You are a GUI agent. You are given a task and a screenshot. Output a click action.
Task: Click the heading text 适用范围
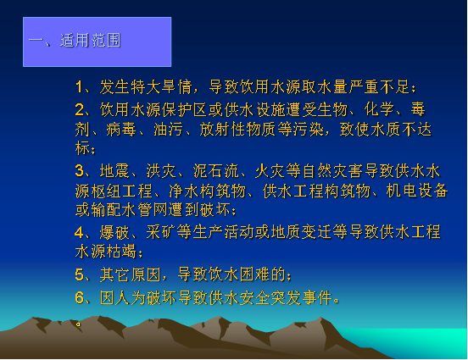point(91,41)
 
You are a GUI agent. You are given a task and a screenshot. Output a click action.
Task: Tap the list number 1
point(79,87)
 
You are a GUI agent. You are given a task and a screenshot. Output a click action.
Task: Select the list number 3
point(80,171)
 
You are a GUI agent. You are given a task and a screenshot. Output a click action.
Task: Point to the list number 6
point(80,297)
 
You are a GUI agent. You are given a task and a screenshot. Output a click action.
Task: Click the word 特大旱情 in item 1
point(161,87)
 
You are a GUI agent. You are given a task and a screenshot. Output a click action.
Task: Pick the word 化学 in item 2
point(379,109)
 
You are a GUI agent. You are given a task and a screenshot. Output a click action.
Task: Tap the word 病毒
point(121,130)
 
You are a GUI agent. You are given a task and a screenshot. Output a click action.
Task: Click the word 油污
point(169,130)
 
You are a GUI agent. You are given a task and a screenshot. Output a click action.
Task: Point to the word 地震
point(114,171)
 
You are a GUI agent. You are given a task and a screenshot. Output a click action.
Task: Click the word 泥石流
point(216,171)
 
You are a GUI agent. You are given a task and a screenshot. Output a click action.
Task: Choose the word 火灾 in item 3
point(270,171)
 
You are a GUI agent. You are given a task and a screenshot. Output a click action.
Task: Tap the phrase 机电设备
point(417,191)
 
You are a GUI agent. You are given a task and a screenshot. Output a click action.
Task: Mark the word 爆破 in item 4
point(114,232)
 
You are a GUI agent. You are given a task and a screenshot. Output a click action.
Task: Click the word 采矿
point(161,232)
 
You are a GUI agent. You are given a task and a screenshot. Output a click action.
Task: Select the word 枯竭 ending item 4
point(122,252)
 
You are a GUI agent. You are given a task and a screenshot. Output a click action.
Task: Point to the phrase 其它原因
point(130,274)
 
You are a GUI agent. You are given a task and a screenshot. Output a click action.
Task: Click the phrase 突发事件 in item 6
point(302,297)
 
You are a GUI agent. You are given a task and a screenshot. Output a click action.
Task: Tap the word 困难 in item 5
point(254,274)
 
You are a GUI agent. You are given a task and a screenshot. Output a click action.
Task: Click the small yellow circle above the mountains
point(78,324)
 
